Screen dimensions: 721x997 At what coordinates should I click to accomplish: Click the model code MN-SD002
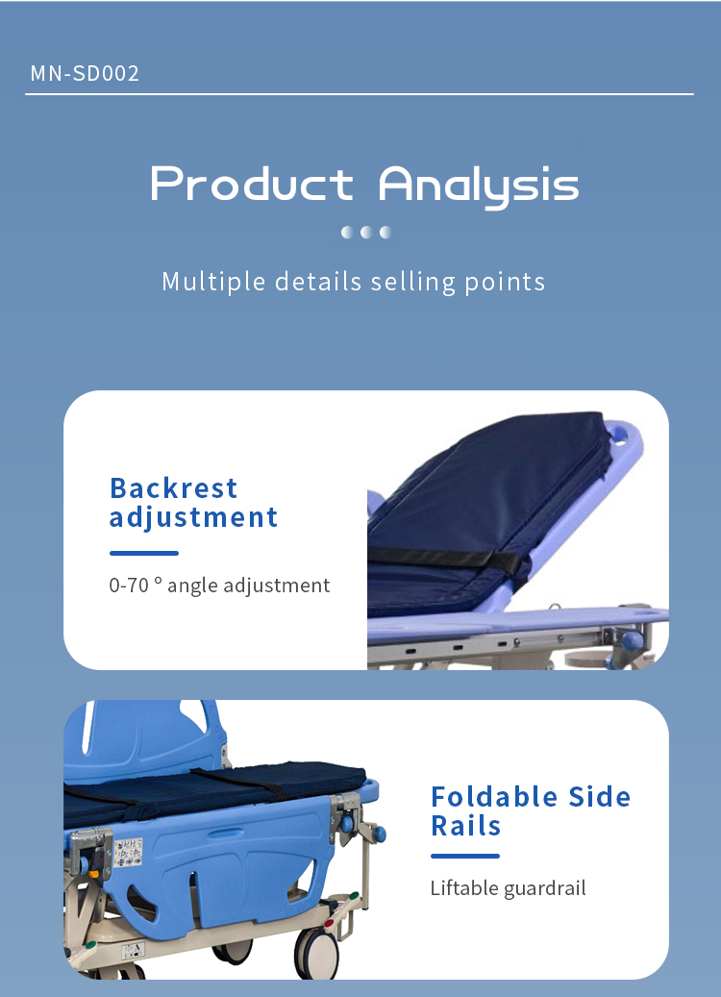[85, 73]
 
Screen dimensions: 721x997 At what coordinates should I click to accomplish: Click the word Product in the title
[251, 184]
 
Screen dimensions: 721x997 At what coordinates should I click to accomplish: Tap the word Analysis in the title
[479, 186]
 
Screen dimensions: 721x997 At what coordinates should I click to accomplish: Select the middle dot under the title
[366, 232]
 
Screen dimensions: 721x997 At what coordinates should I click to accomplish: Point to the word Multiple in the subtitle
[213, 282]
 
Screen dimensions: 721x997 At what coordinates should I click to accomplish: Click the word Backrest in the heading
[174, 488]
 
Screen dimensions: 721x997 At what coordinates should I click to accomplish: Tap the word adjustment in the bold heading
[193, 517]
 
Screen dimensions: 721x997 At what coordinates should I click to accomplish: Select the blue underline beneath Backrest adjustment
[143, 553]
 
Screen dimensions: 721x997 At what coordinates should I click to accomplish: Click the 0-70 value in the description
[129, 585]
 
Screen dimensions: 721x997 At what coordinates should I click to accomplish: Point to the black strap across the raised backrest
[445, 559]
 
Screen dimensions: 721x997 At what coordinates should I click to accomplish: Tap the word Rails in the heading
[466, 826]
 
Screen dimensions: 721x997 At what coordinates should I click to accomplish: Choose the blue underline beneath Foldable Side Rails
[465, 856]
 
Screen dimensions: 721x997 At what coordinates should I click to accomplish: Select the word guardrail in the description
[545, 889]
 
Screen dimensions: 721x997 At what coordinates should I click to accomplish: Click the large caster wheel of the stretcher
[316, 953]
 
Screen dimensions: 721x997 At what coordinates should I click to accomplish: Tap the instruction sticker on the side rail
[129, 853]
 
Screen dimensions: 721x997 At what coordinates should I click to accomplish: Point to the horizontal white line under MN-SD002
[360, 94]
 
